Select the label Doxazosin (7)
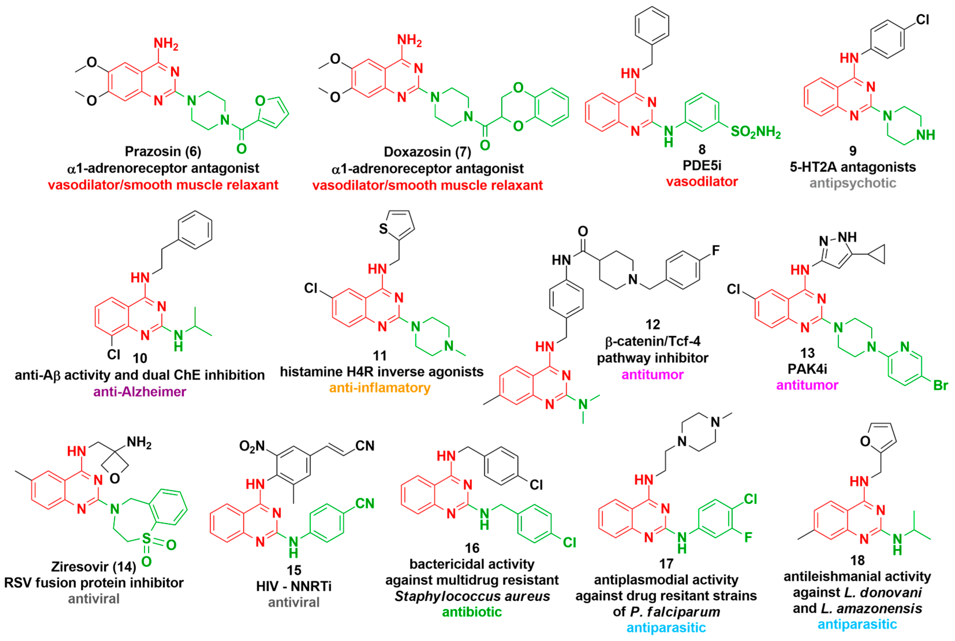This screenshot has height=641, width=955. pos(427,152)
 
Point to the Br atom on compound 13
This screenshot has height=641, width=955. pos(940,385)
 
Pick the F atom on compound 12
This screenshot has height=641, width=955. pos(716,250)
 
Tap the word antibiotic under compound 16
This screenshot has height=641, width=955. pos(472,612)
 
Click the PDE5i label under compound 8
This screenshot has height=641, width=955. pos(702,165)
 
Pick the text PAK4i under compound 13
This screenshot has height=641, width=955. pos(807,369)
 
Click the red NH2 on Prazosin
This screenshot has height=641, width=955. pos(166,43)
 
